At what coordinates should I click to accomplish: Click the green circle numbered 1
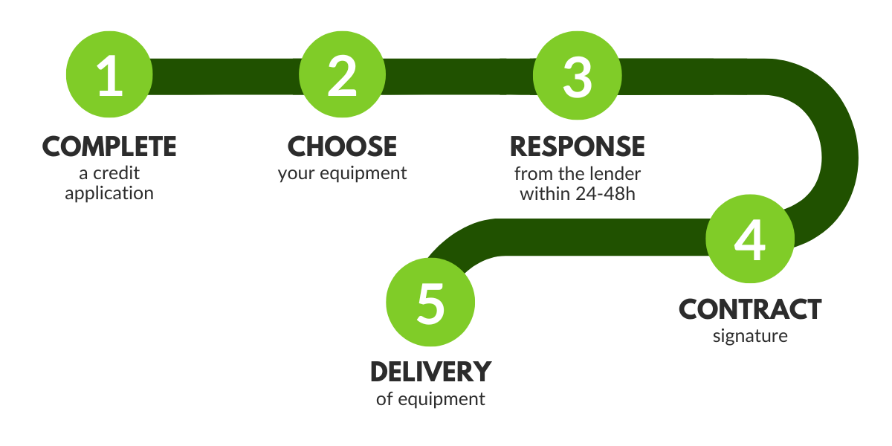tap(109, 74)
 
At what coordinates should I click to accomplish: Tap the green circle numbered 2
tap(343, 74)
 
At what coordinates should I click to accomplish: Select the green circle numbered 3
tap(578, 75)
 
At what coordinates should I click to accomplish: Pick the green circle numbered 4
tap(750, 239)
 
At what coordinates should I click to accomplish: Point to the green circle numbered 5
tap(430, 303)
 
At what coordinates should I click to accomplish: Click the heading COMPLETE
tap(109, 146)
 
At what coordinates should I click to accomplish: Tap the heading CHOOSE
tap(343, 146)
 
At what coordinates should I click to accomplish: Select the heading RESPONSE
tap(578, 146)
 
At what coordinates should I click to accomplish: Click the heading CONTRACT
tap(750, 309)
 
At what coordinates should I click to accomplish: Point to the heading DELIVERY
tap(431, 372)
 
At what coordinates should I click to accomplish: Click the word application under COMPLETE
tap(109, 194)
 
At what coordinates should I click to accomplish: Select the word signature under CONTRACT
tap(750, 337)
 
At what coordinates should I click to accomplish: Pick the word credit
tap(116, 173)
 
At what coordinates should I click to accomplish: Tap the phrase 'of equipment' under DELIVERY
tap(430, 399)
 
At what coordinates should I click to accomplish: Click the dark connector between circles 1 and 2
tap(225, 77)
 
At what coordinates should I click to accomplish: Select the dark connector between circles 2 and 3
tap(459, 77)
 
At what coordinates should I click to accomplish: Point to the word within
tap(546, 194)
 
